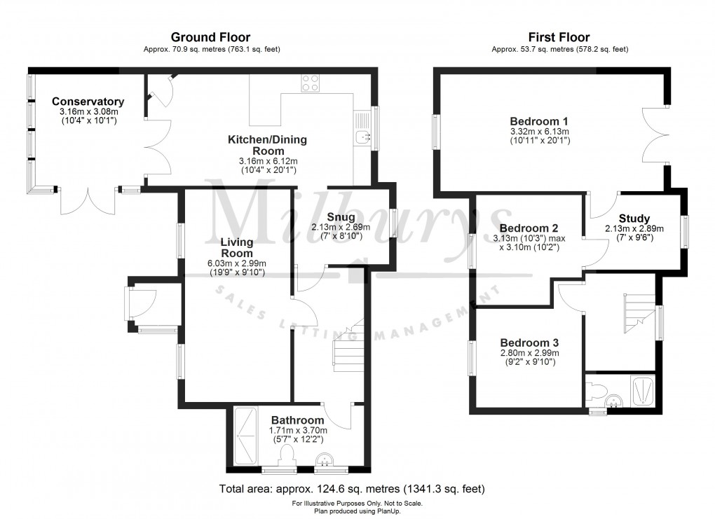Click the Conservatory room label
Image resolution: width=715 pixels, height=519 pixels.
[88, 102]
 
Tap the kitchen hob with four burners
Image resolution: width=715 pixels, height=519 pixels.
[311, 83]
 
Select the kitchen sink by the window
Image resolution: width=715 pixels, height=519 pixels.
[362, 137]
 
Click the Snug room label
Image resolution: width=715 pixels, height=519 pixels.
[340, 217]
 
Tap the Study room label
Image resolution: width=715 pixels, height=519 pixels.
[634, 219]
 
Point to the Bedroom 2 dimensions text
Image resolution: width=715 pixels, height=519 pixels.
[529, 242]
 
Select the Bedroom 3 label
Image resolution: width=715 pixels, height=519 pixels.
[529, 342]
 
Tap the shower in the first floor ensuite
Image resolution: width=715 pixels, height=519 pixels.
[643, 391]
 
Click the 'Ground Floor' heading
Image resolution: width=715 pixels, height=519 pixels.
[210, 37]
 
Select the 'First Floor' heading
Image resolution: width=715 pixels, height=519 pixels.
[559, 37]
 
